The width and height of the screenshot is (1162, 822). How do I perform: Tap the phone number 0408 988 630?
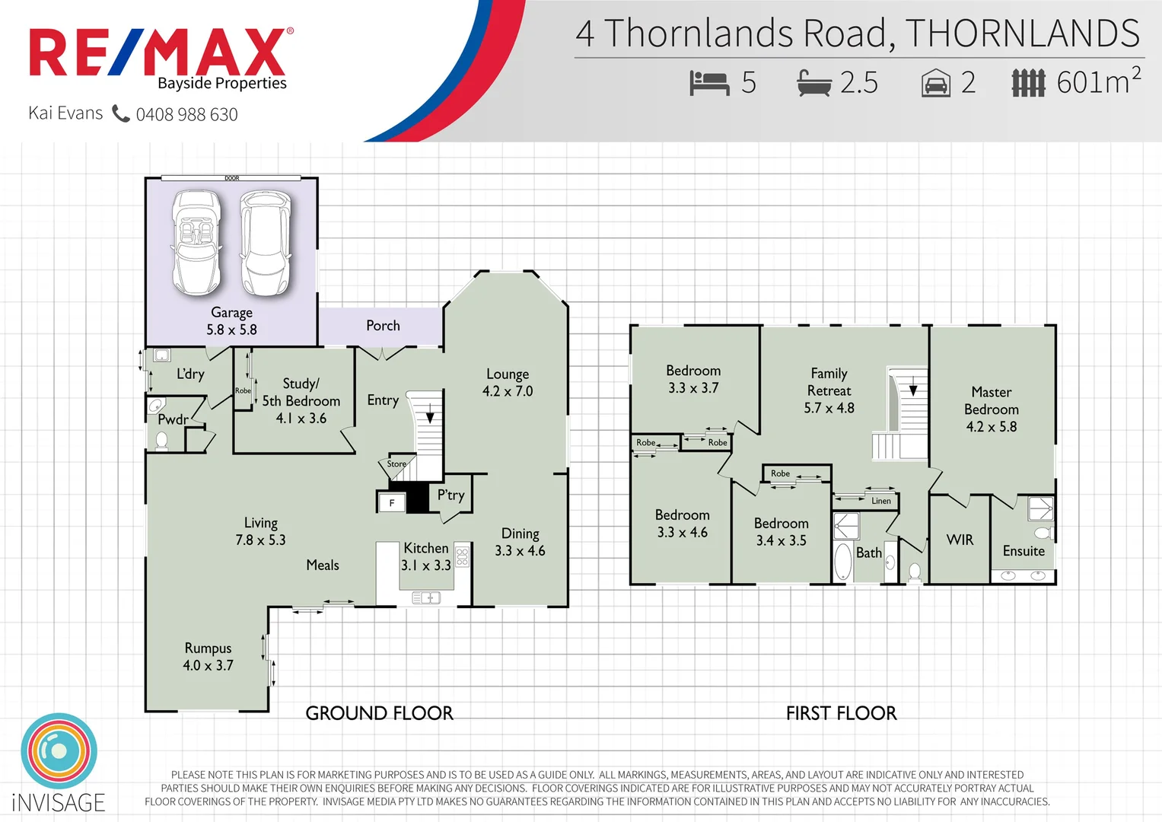click(186, 114)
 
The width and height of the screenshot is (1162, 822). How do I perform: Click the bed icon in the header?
click(709, 82)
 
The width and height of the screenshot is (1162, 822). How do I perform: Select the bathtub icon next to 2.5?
click(814, 82)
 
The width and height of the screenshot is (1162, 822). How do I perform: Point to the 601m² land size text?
click(1098, 81)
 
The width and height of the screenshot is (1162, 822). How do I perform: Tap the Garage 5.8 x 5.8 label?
click(231, 321)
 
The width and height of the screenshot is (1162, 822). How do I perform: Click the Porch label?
click(383, 326)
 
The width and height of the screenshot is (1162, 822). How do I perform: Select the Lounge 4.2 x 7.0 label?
click(508, 383)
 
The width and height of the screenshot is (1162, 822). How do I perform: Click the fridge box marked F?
click(392, 502)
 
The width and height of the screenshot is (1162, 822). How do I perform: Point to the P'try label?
click(450, 495)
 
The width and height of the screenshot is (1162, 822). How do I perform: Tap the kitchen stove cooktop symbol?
click(462, 556)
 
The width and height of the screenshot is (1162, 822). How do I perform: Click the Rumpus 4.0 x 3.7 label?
click(208, 656)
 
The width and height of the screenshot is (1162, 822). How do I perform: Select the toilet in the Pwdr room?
click(161, 441)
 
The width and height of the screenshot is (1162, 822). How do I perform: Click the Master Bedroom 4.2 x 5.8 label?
click(991, 409)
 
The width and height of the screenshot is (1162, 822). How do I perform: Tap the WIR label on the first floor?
click(960, 540)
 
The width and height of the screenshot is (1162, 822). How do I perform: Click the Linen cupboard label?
click(880, 501)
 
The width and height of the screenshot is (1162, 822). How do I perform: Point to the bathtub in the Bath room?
click(842, 562)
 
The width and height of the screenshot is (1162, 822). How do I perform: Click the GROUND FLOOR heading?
click(379, 713)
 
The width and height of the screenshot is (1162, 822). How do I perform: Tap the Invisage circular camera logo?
click(59, 750)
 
